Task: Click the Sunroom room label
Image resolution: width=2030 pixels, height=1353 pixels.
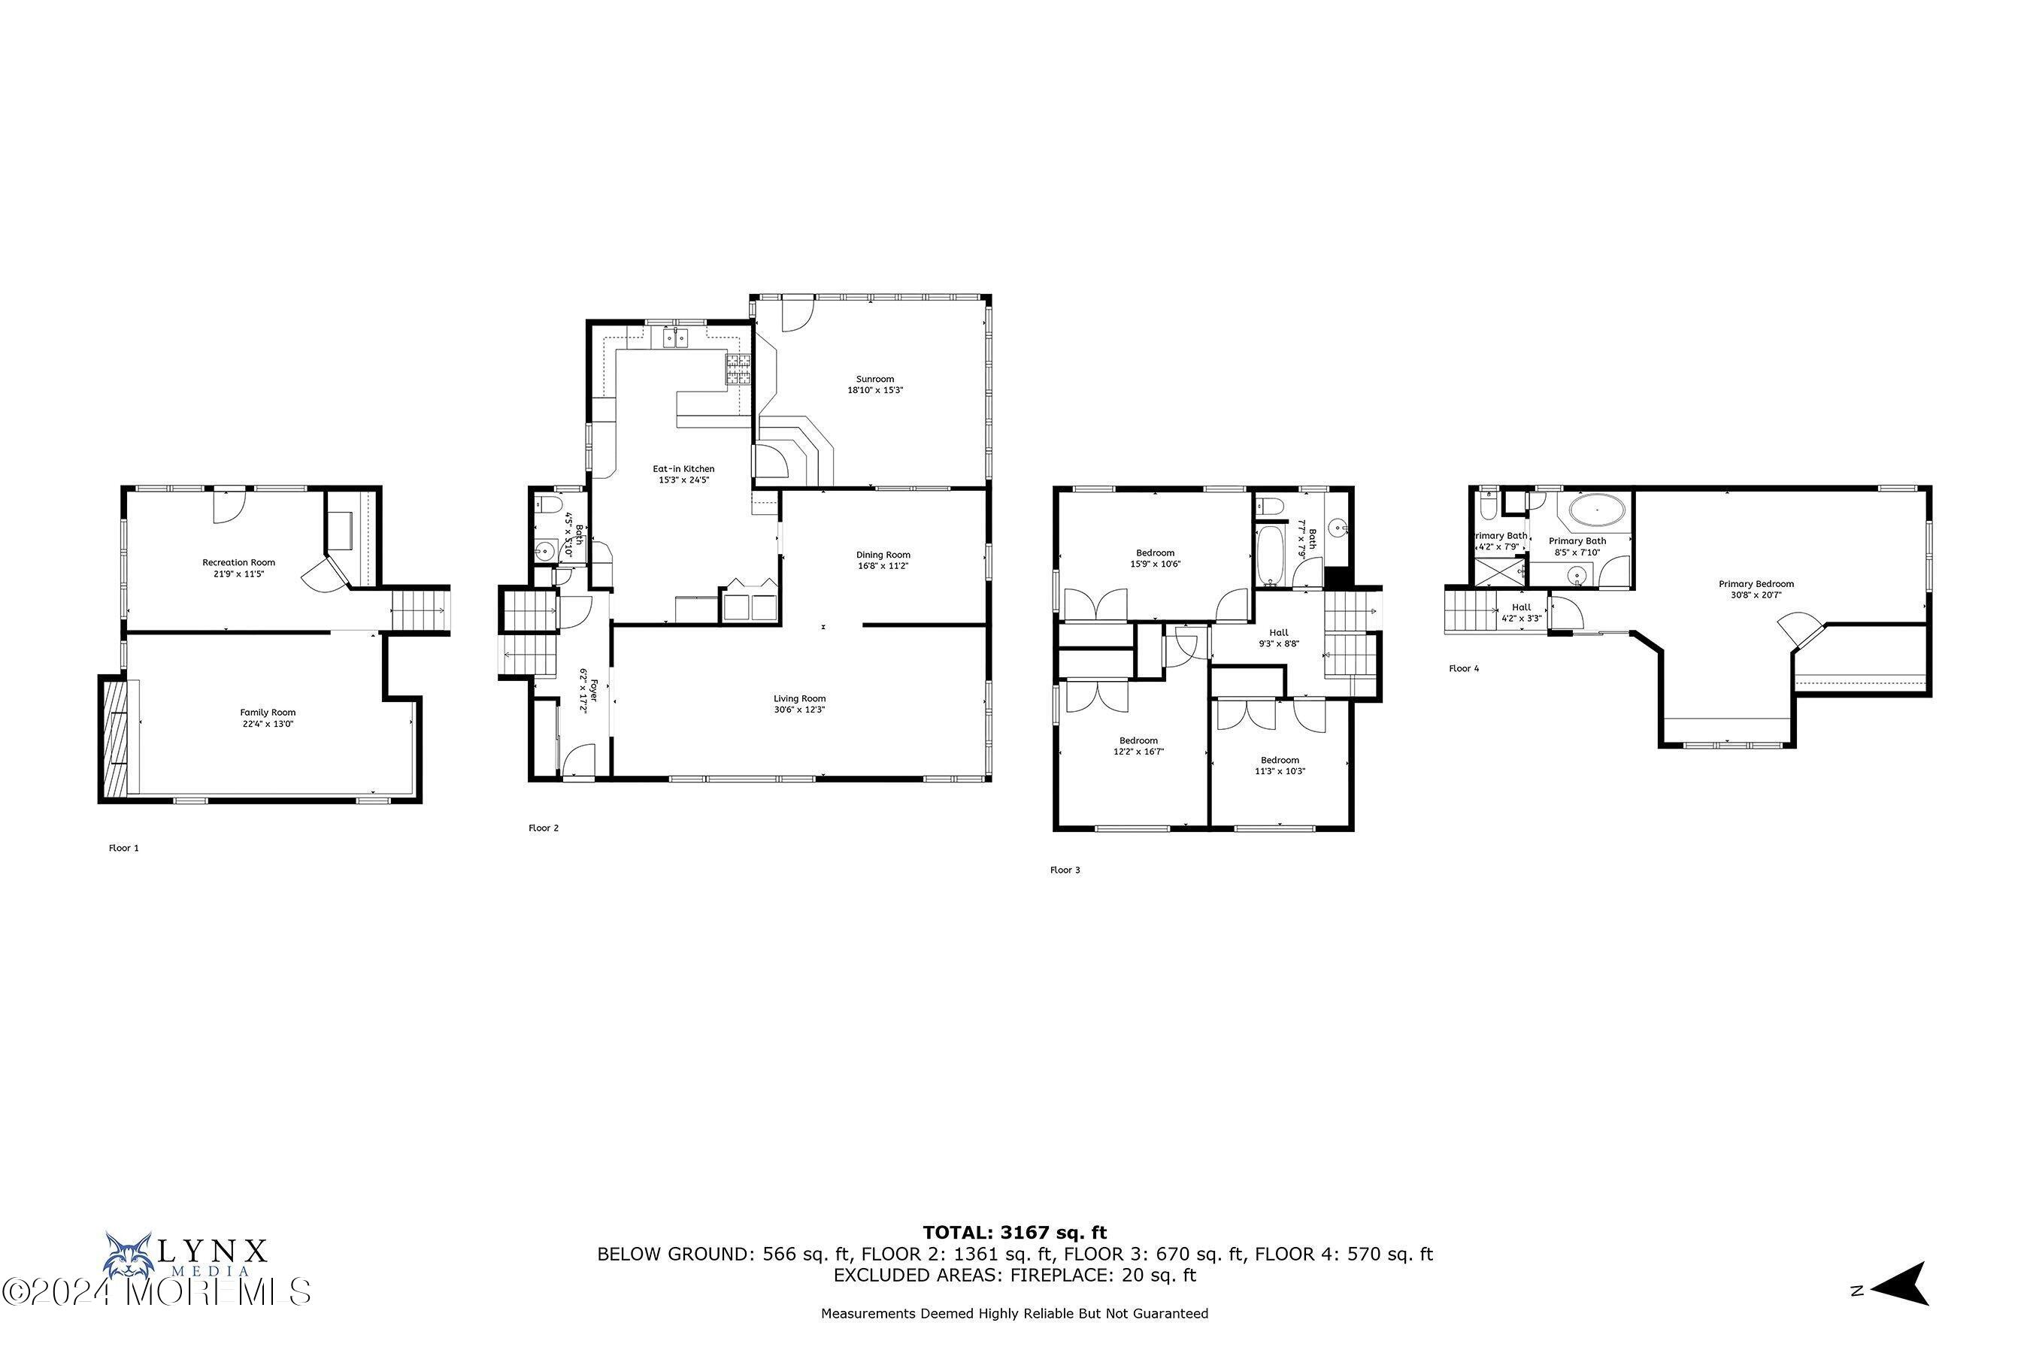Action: (874, 379)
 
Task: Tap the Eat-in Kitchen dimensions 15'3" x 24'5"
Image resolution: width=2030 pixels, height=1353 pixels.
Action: (683, 480)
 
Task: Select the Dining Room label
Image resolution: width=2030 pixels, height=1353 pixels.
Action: (883, 555)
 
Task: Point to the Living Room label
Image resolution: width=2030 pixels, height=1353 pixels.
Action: (799, 699)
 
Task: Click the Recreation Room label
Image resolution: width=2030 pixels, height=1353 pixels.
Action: (238, 562)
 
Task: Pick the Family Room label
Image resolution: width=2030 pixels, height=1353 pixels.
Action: (268, 713)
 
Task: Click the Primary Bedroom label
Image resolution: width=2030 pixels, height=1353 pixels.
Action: (1756, 584)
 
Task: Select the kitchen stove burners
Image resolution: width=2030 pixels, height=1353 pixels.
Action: (738, 369)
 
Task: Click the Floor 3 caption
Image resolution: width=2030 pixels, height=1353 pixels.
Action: (1064, 870)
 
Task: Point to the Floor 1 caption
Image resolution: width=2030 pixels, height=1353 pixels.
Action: (123, 848)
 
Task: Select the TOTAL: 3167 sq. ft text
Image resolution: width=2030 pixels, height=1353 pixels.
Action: (1014, 1232)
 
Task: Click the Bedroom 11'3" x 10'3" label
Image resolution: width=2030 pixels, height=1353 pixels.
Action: (1279, 765)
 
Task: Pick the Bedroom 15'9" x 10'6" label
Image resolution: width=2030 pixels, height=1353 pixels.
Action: (1155, 558)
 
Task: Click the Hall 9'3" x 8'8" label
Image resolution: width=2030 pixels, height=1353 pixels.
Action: (1278, 637)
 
